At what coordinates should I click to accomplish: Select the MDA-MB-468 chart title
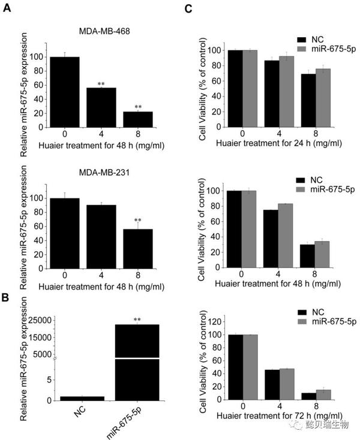pyautogui.click(x=103, y=30)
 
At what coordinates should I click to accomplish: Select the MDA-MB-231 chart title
pyautogui.click(x=103, y=174)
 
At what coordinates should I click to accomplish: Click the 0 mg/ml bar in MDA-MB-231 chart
pyautogui.click(x=65, y=233)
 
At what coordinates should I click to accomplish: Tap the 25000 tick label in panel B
pyautogui.click(x=37, y=321)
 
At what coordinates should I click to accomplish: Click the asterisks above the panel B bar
pyautogui.click(x=137, y=320)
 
